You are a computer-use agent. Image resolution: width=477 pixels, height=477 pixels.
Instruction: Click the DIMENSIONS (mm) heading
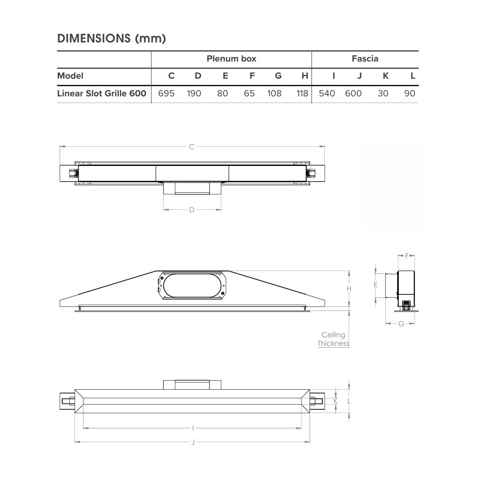(112, 39)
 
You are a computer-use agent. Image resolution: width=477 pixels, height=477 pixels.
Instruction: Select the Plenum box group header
(231, 59)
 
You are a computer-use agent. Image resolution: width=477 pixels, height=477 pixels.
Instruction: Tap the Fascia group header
(365, 59)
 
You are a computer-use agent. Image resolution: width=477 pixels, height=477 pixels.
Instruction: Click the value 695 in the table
(166, 93)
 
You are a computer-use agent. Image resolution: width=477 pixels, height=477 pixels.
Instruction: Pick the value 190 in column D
(194, 93)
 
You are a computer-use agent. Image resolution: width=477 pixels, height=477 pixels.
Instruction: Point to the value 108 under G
(274, 93)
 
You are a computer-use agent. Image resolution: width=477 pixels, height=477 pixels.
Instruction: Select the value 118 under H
(302, 93)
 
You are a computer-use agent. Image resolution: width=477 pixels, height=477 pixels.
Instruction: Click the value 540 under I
(327, 93)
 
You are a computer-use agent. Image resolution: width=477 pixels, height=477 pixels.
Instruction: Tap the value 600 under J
(353, 93)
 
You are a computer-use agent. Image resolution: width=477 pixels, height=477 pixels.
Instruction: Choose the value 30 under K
(383, 93)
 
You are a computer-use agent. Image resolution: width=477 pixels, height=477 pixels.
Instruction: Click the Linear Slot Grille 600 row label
(102, 93)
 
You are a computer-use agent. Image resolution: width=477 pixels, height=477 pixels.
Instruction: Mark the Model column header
(70, 75)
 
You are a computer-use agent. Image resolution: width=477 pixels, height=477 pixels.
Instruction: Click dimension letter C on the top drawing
(192, 147)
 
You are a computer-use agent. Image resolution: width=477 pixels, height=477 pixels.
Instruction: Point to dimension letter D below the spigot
(192, 209)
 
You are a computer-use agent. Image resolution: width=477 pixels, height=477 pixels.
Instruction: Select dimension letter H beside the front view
(349, 289)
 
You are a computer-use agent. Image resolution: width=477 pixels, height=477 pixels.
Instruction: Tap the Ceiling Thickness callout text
(333, 339)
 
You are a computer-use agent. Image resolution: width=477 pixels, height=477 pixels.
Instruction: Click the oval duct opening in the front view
(193, 286)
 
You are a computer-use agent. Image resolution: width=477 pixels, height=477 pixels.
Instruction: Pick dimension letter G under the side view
(401, 324)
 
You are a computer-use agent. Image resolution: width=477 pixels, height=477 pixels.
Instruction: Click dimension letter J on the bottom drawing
(193, 442)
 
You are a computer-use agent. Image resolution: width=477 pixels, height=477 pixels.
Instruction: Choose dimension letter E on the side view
(376, 285)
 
